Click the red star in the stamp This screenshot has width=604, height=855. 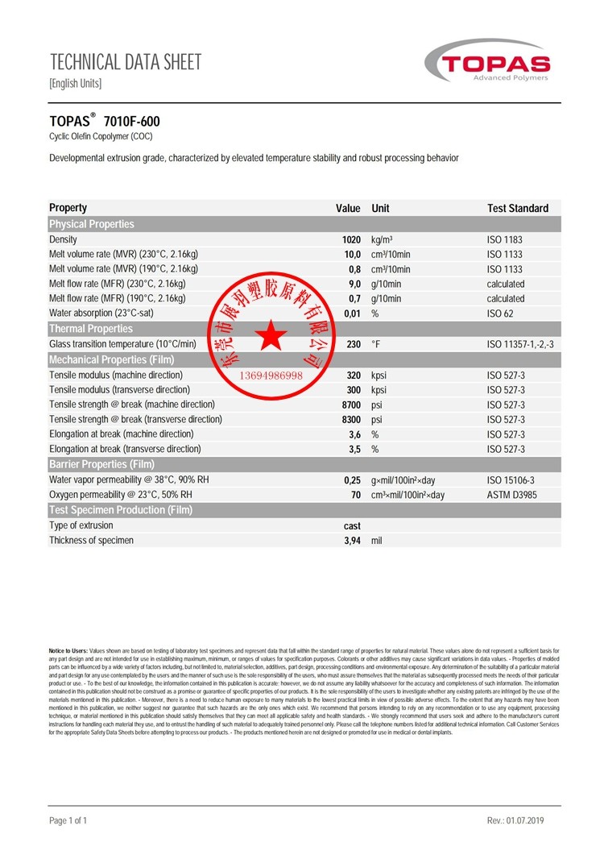[x=271, y=336]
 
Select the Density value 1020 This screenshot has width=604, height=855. [x=351, y=240]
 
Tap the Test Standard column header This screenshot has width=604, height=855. [x=517, y=208]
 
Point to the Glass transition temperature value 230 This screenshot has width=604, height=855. [x=354, y=344]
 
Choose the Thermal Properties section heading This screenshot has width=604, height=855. [x=91, y=329]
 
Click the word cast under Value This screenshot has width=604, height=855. [x=352, y=525]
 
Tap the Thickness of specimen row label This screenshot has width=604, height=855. [x=91, y=540]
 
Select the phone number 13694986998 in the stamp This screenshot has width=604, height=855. [x=271, y=376]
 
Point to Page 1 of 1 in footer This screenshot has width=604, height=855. [x=68, y=820]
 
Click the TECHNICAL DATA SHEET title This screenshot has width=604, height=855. [x=125, y=61]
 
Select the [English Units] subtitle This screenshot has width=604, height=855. [x=76, y=83]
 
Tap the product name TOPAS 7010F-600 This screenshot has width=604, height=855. [x=105, y=122]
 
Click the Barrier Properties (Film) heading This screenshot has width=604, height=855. [x=101, y=464]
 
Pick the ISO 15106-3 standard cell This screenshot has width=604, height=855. [x=511, y=479]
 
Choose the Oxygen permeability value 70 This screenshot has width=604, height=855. [x=355, y=495]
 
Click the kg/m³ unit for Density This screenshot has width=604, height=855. [x=382, y=240]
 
